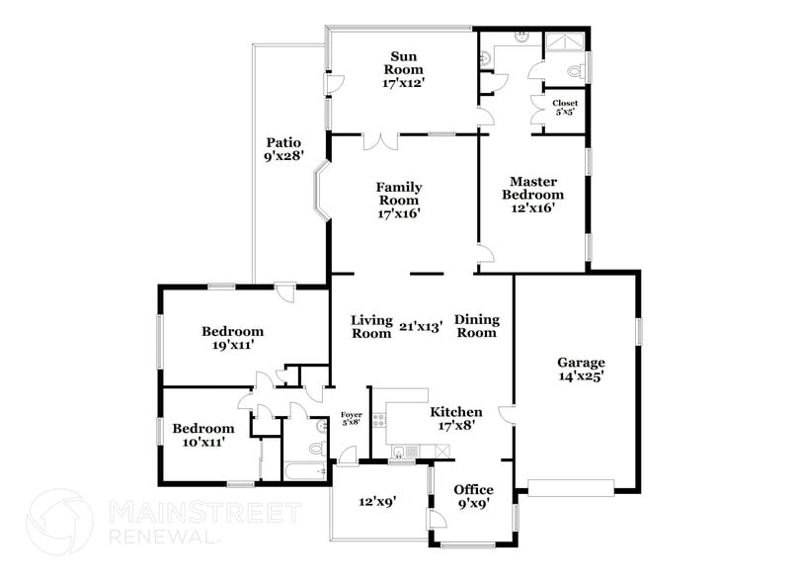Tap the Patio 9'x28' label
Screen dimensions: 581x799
point(281,149)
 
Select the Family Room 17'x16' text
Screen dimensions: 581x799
point(399,200)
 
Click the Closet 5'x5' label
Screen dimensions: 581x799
point(565,108)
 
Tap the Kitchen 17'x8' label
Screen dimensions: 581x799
point(455,419)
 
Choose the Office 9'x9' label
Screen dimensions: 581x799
point(473,497)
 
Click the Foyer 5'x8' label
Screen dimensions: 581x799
point(351,418)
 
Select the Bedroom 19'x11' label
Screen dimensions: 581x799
point(232,338)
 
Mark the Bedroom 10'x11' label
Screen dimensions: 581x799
point(203,435)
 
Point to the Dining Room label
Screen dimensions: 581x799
point(477,326)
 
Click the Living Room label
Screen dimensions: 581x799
point(372,326)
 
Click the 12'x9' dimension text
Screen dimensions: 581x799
point(377,501)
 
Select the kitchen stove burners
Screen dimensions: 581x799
point(378,418)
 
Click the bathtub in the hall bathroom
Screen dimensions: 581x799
point(305,470)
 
